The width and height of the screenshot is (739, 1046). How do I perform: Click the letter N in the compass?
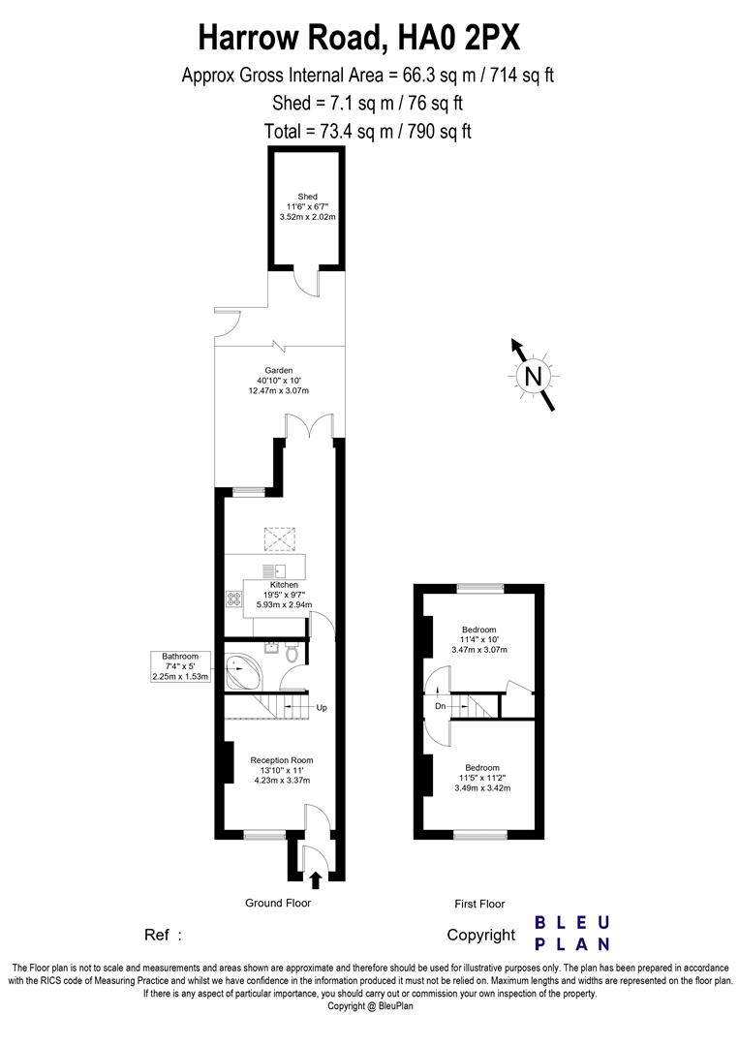(532, 377)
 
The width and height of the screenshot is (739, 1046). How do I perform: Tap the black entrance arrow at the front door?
(315, 879)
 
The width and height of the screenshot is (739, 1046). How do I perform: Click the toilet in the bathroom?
(292, 654)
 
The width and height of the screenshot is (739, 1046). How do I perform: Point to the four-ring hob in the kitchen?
(233, 599)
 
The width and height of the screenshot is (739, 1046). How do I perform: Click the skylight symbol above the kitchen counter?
(280, 537)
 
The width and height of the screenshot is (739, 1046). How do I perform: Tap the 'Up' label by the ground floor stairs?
(322, 708)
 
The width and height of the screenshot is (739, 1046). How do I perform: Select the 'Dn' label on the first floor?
(440, 707)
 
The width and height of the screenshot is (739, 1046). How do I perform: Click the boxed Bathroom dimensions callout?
(179, 667)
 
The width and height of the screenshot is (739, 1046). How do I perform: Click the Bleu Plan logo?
(571, 933)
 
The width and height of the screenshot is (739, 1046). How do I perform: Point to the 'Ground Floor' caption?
(277, 903)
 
